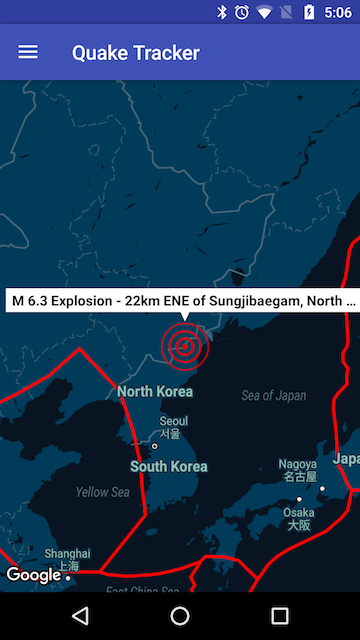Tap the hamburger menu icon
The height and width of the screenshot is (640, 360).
pyautogui.click(x=28, y=52)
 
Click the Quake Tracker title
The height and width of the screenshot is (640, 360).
pyautogui.click(x=135, y=53)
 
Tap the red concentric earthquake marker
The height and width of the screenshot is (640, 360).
pyautogui.click(x=184, y=345)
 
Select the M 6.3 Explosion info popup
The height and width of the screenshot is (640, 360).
pyautogui.click(x=182, y=299)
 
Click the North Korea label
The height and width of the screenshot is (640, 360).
pyautogui.click(x=155, y=391)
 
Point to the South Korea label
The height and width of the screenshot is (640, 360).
pyautogui.click(x=168, y=466)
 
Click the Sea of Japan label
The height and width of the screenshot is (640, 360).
pyautogui.click(x=273, y=396)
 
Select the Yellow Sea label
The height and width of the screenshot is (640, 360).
pyautogui.click(x=103, y=492)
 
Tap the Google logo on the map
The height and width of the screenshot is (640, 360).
pyautogui.click(x=33, y=575)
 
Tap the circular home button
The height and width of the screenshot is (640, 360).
pyautogui.click(x=180, y=616)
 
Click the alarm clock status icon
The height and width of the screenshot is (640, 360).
pyautogui.click(x=242, y=12)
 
